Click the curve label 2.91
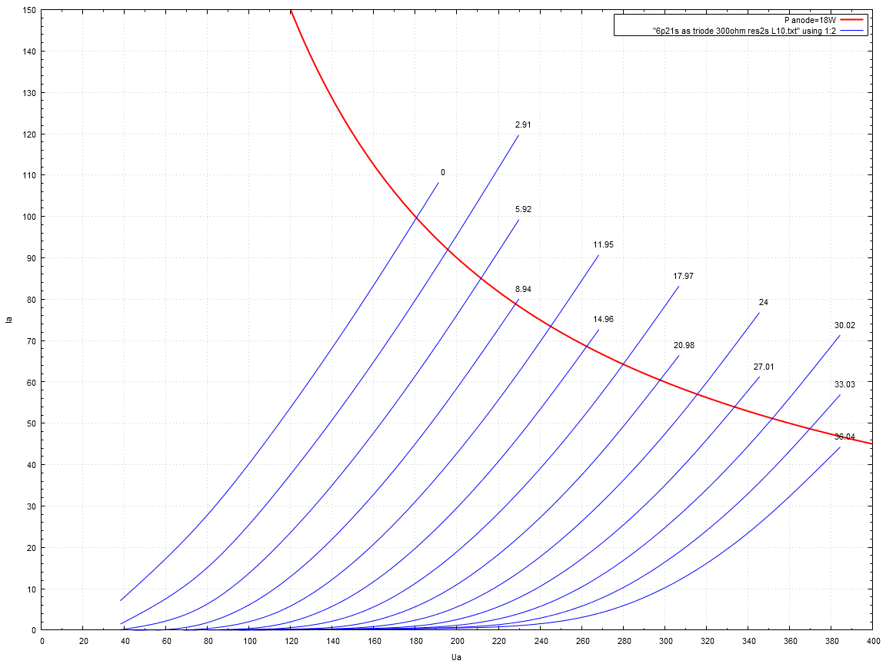[x=523, y=124]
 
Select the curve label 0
[x=442, y=173]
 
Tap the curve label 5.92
[x=523, y=209]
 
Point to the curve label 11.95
[x=603, y=245]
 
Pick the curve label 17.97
[x=683, y=276]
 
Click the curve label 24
[x=763, y=303]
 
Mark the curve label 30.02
[x=844, y=326]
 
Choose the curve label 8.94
[x=523, y=290]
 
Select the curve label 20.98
[x=683, y=346]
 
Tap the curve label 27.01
[x=763, y=367]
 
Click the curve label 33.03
[x=844, y=384]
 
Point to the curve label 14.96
[x=603, y=320]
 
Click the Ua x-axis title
[x=457, y=658]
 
